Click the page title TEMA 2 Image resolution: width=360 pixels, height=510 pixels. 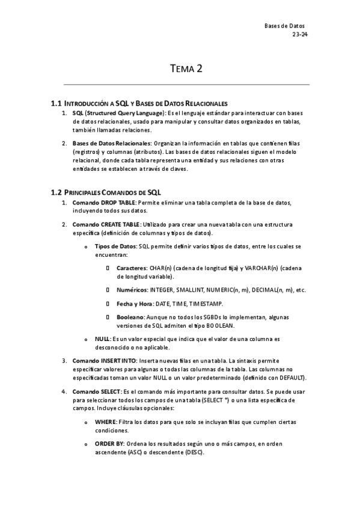(185, 69)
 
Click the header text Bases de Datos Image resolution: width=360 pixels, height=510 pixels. (285, 26)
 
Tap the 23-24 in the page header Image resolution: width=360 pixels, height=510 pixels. (299, 35)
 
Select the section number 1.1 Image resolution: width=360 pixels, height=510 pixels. (56, 103)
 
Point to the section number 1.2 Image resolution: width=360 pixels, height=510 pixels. (56, 192)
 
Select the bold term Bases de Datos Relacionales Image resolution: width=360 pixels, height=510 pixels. (111, 144)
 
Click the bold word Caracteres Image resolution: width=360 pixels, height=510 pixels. (132, 268)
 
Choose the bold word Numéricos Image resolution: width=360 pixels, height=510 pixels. (132, 290)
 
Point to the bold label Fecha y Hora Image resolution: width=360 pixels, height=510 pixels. (135, 304)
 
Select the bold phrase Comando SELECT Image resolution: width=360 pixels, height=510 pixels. (96, 391)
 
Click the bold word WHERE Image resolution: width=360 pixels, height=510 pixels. (105, 422)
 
